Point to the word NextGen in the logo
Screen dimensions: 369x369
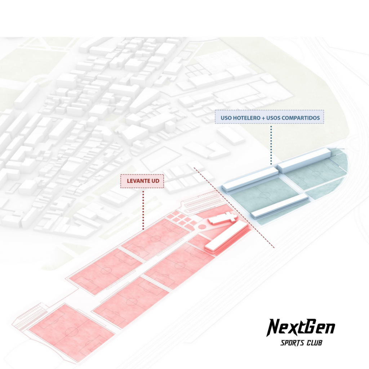tap(301, 328)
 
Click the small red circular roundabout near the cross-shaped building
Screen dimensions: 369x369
tap(203, 227)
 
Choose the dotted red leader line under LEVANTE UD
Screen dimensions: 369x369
tap(143, 209)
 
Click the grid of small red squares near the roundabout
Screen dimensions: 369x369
tap(180, 218)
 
